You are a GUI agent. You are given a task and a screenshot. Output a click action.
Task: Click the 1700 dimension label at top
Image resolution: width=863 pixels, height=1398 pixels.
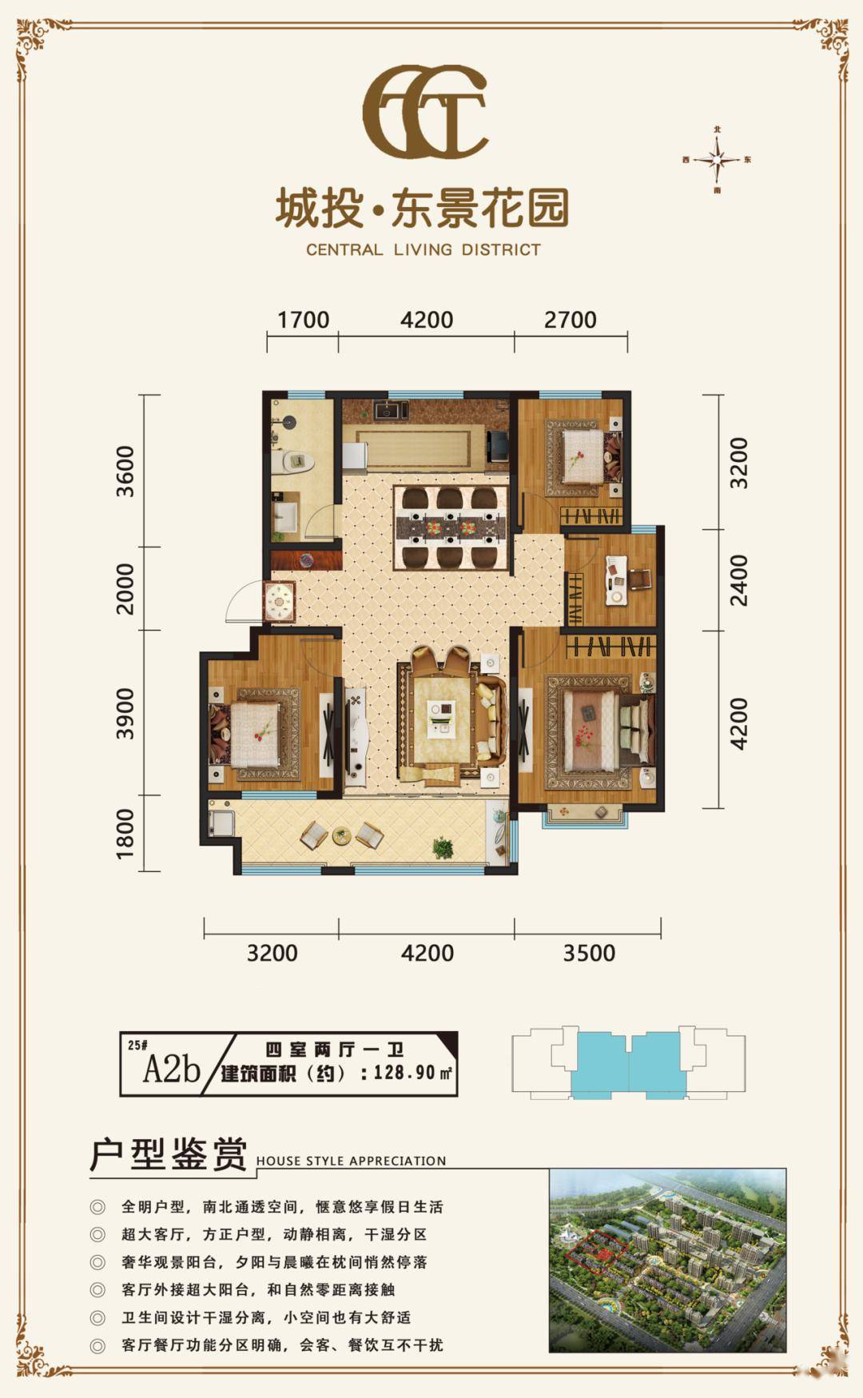coord(303,320)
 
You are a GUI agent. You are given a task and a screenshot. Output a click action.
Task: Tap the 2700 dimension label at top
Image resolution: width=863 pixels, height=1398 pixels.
coord(570,320)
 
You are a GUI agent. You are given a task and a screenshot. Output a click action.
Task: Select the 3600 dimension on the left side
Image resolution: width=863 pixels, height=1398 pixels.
coord(125,472)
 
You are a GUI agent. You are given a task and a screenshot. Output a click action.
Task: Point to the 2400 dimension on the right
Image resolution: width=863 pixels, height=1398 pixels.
coord(739,580)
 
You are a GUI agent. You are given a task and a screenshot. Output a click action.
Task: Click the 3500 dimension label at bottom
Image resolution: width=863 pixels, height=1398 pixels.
coord(589,953)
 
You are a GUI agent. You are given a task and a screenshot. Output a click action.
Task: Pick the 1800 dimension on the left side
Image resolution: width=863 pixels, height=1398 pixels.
coord(125,834)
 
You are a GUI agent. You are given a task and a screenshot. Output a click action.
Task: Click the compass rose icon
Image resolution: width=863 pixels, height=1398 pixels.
coord(718,160)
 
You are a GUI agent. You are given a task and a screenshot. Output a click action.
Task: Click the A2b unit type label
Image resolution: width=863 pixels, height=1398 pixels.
coord(171,1069)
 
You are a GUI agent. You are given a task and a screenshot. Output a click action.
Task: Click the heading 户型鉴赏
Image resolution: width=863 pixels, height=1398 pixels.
coord(169,1155)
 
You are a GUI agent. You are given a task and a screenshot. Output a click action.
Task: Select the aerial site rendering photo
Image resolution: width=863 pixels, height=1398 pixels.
coord(667,1261)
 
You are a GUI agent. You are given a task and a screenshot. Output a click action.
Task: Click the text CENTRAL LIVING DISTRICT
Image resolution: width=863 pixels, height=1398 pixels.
coord(424,249)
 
